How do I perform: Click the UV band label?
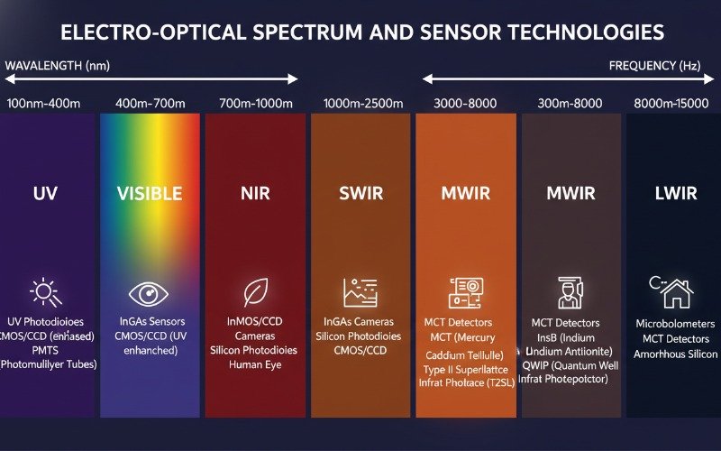[x=45, y=193]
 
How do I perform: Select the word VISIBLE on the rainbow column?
[x=150, y=193]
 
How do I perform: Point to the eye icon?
[x=149, y=293]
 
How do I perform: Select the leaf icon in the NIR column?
[x=255, y=293]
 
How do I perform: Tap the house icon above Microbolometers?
[x=671, y=291]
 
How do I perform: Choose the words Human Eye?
[x=255, y=365]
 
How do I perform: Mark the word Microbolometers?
[x=675, y=324]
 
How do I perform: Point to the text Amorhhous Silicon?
[x=675, y=354]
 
